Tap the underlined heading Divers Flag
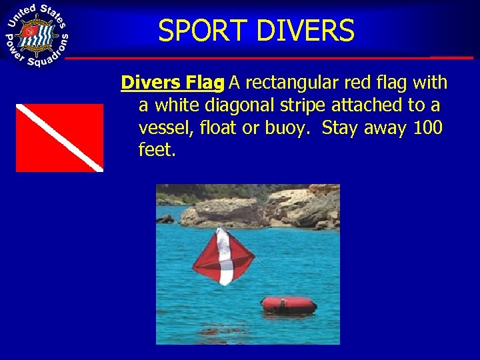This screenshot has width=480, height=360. point(172,83)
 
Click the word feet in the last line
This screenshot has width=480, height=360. point(155,150)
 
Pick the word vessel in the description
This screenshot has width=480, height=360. point(163,127)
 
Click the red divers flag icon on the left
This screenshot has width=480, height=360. point(59,137)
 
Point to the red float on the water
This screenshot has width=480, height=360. point(289,305)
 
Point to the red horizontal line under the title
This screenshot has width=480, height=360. point(267,58)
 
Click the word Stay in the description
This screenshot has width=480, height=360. point(341,127)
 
